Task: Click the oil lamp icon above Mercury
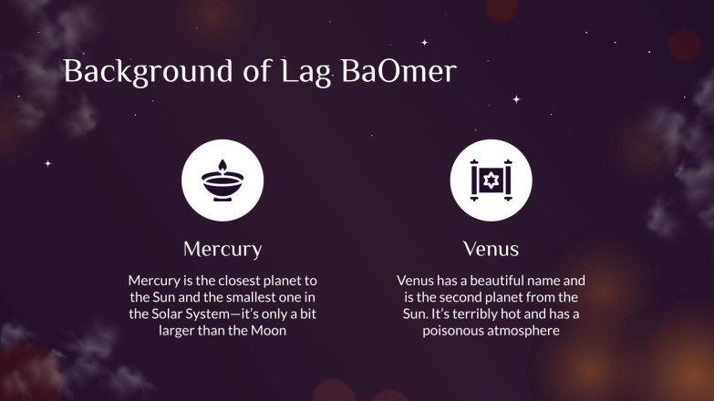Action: (x=222, y=180)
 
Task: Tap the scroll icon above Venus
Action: (x=491, y=180)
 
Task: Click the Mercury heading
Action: (x=222, y=249)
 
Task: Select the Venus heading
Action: (x=491, y=249)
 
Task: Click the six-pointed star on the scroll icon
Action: (x=491, y=180)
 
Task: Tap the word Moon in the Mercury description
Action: (x=267, y=331)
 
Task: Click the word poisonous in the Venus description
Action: (x=454, y=331)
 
